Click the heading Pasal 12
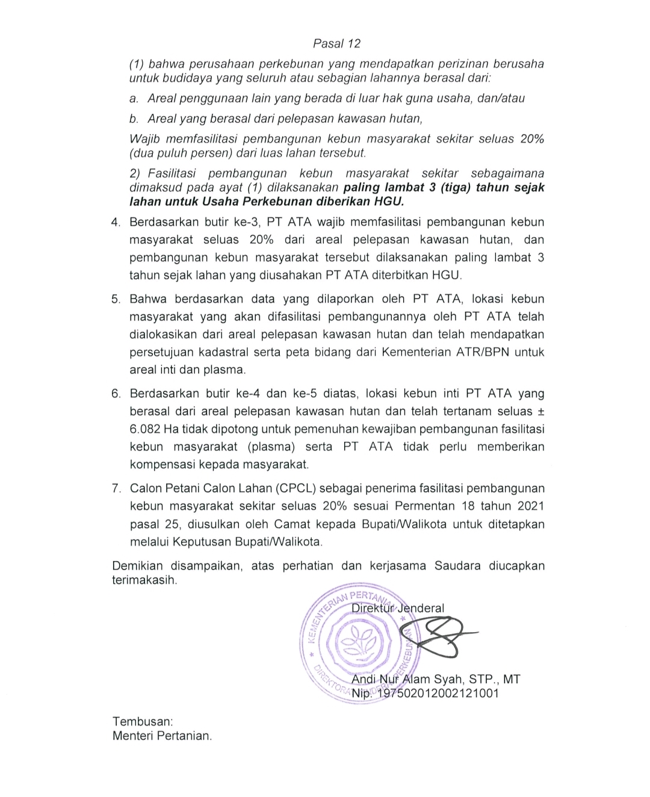(336, 43)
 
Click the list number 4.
(116, 222)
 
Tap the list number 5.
(116, 299)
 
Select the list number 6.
(116, 394)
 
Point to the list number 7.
(116, 489)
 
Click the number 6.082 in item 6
(144, 429)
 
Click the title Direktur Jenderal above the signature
(398, 608)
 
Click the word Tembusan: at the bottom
(143, 721)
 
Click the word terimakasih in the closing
(144, 581)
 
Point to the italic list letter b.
(134, 119)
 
